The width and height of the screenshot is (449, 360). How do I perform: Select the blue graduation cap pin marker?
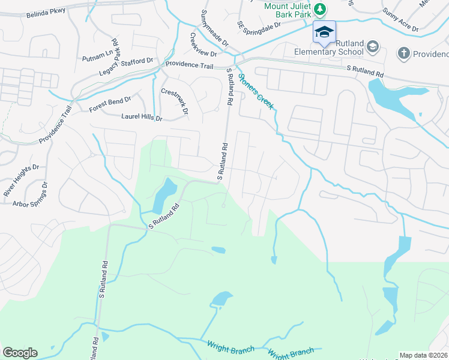[x=324, y=32]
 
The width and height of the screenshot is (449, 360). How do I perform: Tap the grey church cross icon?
[x=404, y=54]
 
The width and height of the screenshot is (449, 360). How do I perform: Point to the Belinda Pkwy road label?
[x=46, y=11]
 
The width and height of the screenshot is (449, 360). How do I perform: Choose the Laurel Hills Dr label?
[x=142, y=118]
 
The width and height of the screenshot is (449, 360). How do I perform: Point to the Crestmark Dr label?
[x=175, y=101]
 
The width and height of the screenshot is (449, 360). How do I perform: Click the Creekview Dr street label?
[x=203, y=45]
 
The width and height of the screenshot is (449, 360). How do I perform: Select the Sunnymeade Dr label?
[x=215, y=29]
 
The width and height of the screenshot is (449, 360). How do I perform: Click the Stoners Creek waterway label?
[x=256, y=91]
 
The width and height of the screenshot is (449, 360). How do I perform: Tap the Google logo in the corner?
[x=20, y=353]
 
